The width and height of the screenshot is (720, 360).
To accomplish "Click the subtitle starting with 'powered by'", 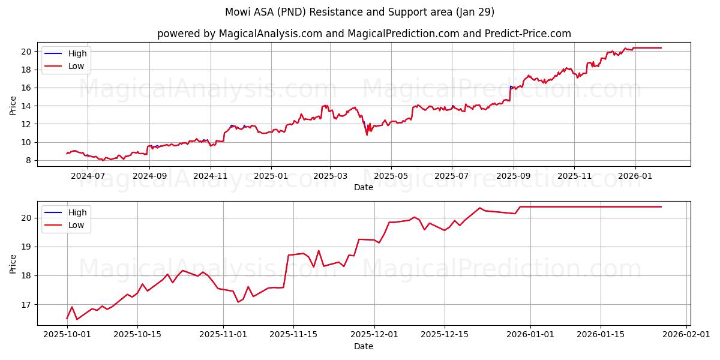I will click(x=364, y=34).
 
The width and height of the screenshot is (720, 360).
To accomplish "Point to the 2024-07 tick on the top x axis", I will click(x=88, y=176).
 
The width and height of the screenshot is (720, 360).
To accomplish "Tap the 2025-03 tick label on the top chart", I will click(x=330, y=176).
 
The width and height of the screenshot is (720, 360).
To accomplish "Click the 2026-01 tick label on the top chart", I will click(x=635, y=176).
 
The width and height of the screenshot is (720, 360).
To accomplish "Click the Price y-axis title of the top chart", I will click(x=13, y=106).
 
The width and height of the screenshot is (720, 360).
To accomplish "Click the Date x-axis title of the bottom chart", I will click(x=364, y=346).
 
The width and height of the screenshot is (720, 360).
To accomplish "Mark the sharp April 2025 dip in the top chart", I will click(x=367, y=134).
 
